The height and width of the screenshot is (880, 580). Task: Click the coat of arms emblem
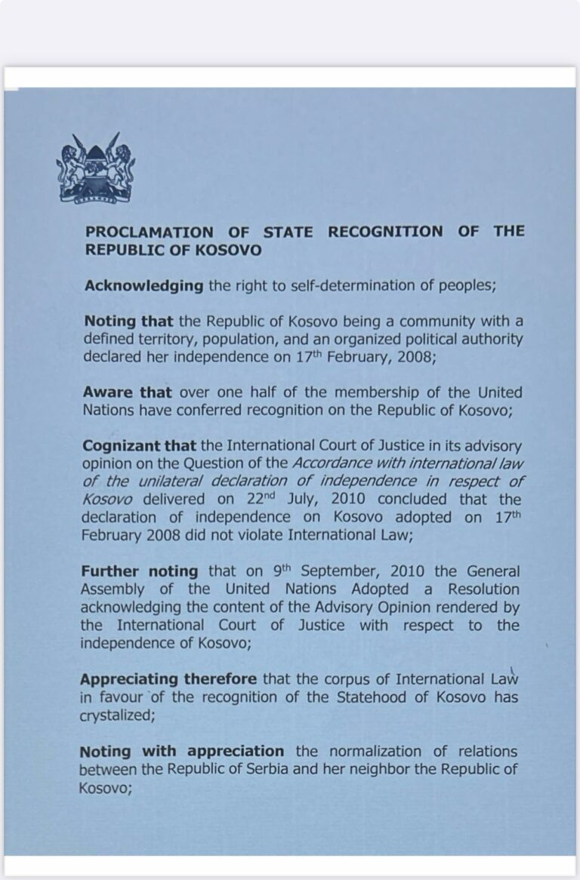[x=97, y=168]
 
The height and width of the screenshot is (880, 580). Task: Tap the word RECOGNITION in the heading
[x=385, y=232]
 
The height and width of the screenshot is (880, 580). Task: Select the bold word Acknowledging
[x=143, y=286]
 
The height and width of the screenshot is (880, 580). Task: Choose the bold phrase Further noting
[x=139, y=571]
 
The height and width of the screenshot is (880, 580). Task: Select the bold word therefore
[x=221, y=679]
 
